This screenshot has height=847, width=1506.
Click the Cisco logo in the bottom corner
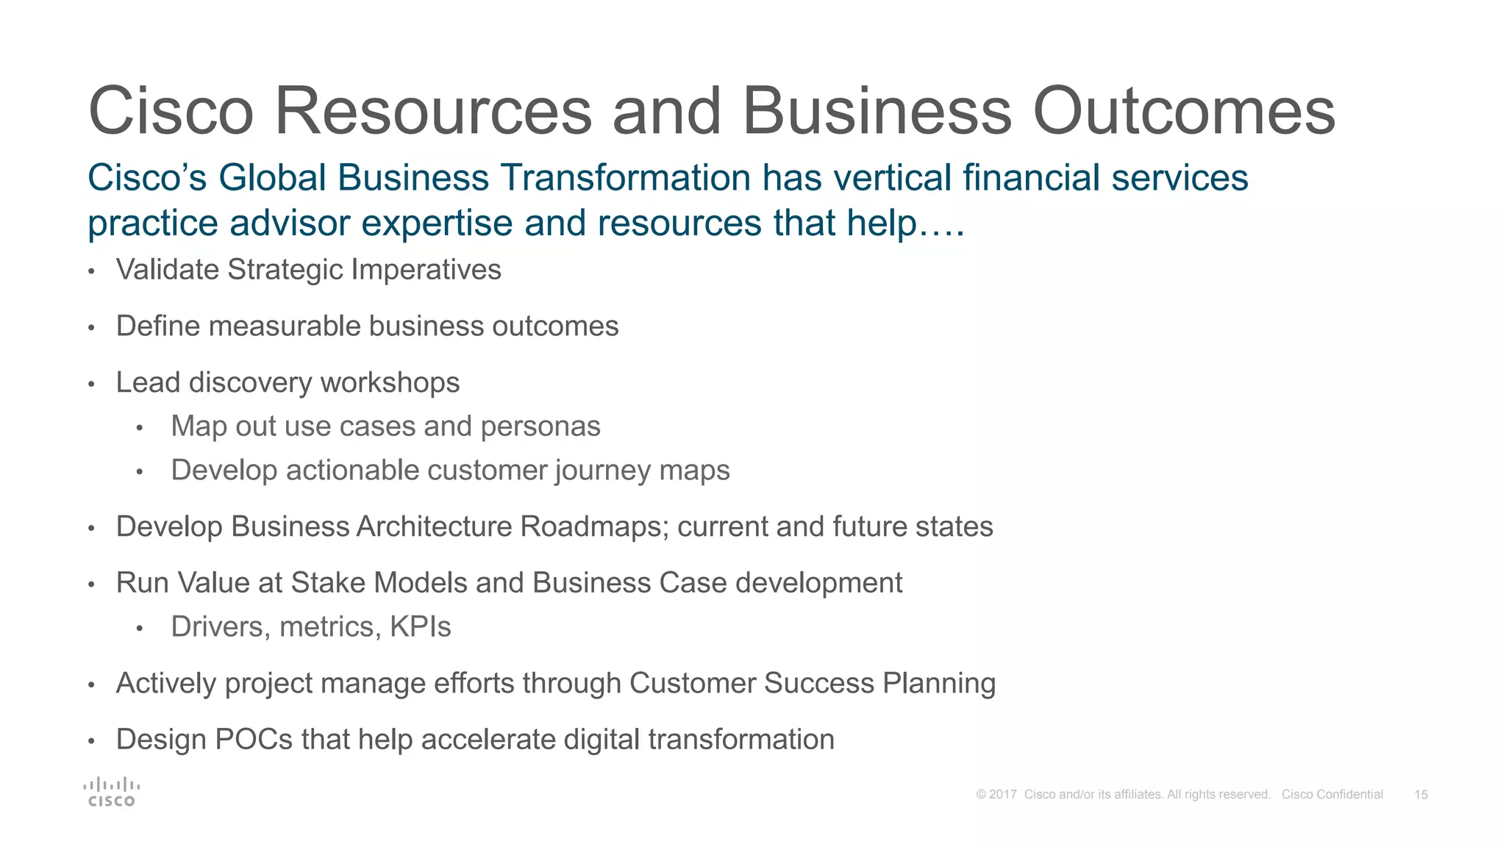111,792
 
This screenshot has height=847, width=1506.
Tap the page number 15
1421,795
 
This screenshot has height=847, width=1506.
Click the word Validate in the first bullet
168,270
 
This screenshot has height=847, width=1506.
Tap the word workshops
390,383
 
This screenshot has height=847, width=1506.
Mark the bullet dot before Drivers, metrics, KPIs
140,629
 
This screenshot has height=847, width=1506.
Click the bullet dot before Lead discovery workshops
91,385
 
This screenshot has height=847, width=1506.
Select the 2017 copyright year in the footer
1003,795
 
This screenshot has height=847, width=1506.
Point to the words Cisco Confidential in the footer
1332,795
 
